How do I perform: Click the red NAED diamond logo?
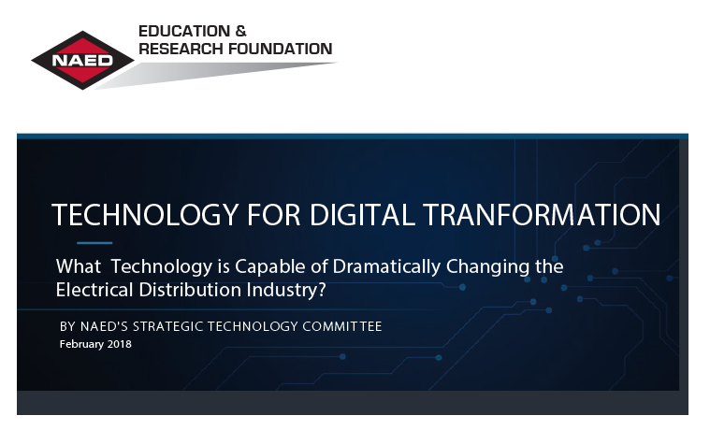point(82,60)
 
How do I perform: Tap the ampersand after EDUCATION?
point(241,31)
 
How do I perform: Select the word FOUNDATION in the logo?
point(280,49)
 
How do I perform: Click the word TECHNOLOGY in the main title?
point(145,215)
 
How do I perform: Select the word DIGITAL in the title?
point(362,215)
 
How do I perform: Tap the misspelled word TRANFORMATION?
point(542,215)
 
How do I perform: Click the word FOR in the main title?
point(274,215)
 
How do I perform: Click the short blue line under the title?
point(94,243)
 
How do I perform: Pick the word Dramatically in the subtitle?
point(386,266)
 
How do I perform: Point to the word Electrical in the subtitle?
point(94,290)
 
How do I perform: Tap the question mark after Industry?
point(323,290)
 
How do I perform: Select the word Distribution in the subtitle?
point(190,290)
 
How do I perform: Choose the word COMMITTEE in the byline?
point(342,326)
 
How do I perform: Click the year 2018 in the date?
point(120,344)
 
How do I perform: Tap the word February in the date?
point(82,344)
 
